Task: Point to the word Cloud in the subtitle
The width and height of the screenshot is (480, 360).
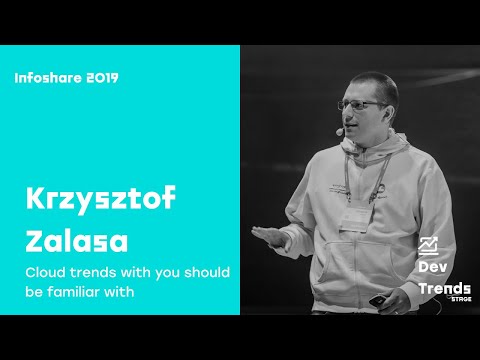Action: coord(45,273)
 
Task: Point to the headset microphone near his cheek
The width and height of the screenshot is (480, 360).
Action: coord(341,130)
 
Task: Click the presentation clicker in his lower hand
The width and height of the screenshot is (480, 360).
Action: coord(377,299)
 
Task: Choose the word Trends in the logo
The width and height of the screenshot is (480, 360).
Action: coord(444,288)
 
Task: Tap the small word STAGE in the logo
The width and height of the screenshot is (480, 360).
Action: coord(458,298)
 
